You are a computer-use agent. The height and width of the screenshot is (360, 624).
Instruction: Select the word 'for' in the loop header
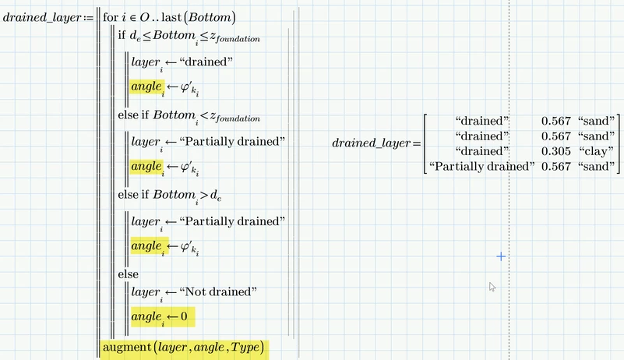click(111, 17)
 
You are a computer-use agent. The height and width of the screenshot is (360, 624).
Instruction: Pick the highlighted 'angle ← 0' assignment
click(162, 316)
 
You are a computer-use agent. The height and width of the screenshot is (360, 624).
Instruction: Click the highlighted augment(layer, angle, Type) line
click(184, 346)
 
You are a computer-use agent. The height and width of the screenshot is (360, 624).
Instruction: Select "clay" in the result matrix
click(598, 150)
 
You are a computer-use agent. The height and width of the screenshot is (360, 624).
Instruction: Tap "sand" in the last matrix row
click(598, 165)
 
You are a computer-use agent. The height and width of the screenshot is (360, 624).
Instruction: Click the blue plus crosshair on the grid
click(501, 256)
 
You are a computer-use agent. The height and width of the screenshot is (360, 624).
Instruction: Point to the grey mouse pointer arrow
click(492, 287)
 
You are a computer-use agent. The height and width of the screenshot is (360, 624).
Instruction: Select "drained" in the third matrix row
click(484, 150)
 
